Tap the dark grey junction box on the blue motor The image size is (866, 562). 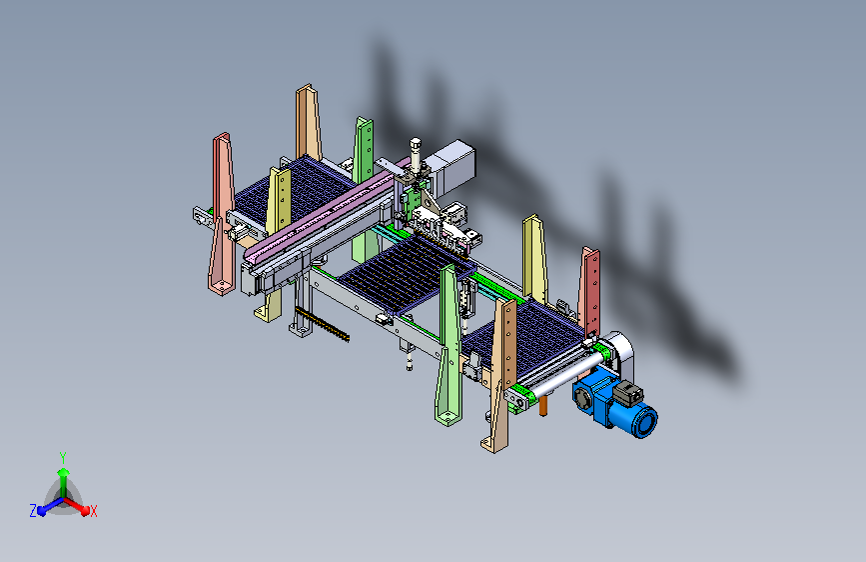[x=628, y=392]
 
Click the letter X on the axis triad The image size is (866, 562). [x=93, y=511]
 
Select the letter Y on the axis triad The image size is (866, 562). [x=63, y=457]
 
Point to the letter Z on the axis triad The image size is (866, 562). [x=33, y=511]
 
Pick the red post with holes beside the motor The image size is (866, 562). [x=590, y=291]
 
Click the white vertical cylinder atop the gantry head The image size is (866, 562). [x=415, y=154]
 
